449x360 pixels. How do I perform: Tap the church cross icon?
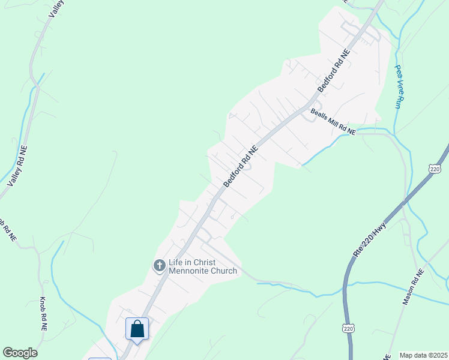[160, 265]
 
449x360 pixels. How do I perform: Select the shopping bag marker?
[137, 329]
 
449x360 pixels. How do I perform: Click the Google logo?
[20, 353]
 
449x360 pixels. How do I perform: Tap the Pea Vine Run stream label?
[398, 86]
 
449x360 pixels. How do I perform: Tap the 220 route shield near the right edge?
[436, 170]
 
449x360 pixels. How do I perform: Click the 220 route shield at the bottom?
[349, 328]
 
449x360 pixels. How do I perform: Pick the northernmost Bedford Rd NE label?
[333, 71]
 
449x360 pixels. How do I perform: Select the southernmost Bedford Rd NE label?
[240, 164]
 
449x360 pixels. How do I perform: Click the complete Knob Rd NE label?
[43, 314]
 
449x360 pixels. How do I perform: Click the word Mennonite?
[194, 271]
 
